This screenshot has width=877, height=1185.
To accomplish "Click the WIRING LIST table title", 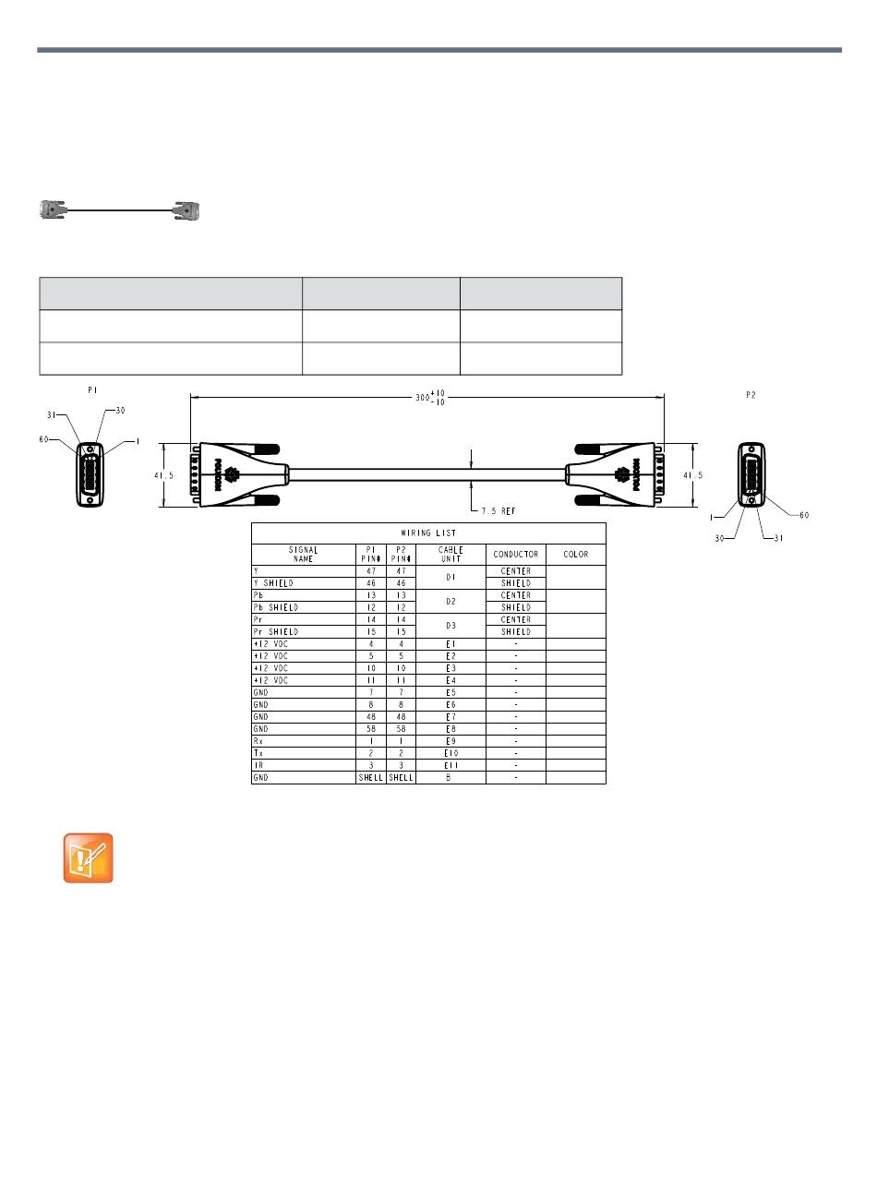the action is pos(428,533).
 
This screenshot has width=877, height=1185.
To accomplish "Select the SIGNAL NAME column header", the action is pos(303,554).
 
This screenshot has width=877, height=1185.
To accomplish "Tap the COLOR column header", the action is pos(575,554).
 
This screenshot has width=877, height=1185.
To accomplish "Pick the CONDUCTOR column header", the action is pos(515,554).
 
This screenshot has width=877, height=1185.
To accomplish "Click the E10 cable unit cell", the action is pos(451,753).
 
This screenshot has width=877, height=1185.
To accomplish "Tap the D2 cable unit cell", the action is pos(451,601).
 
